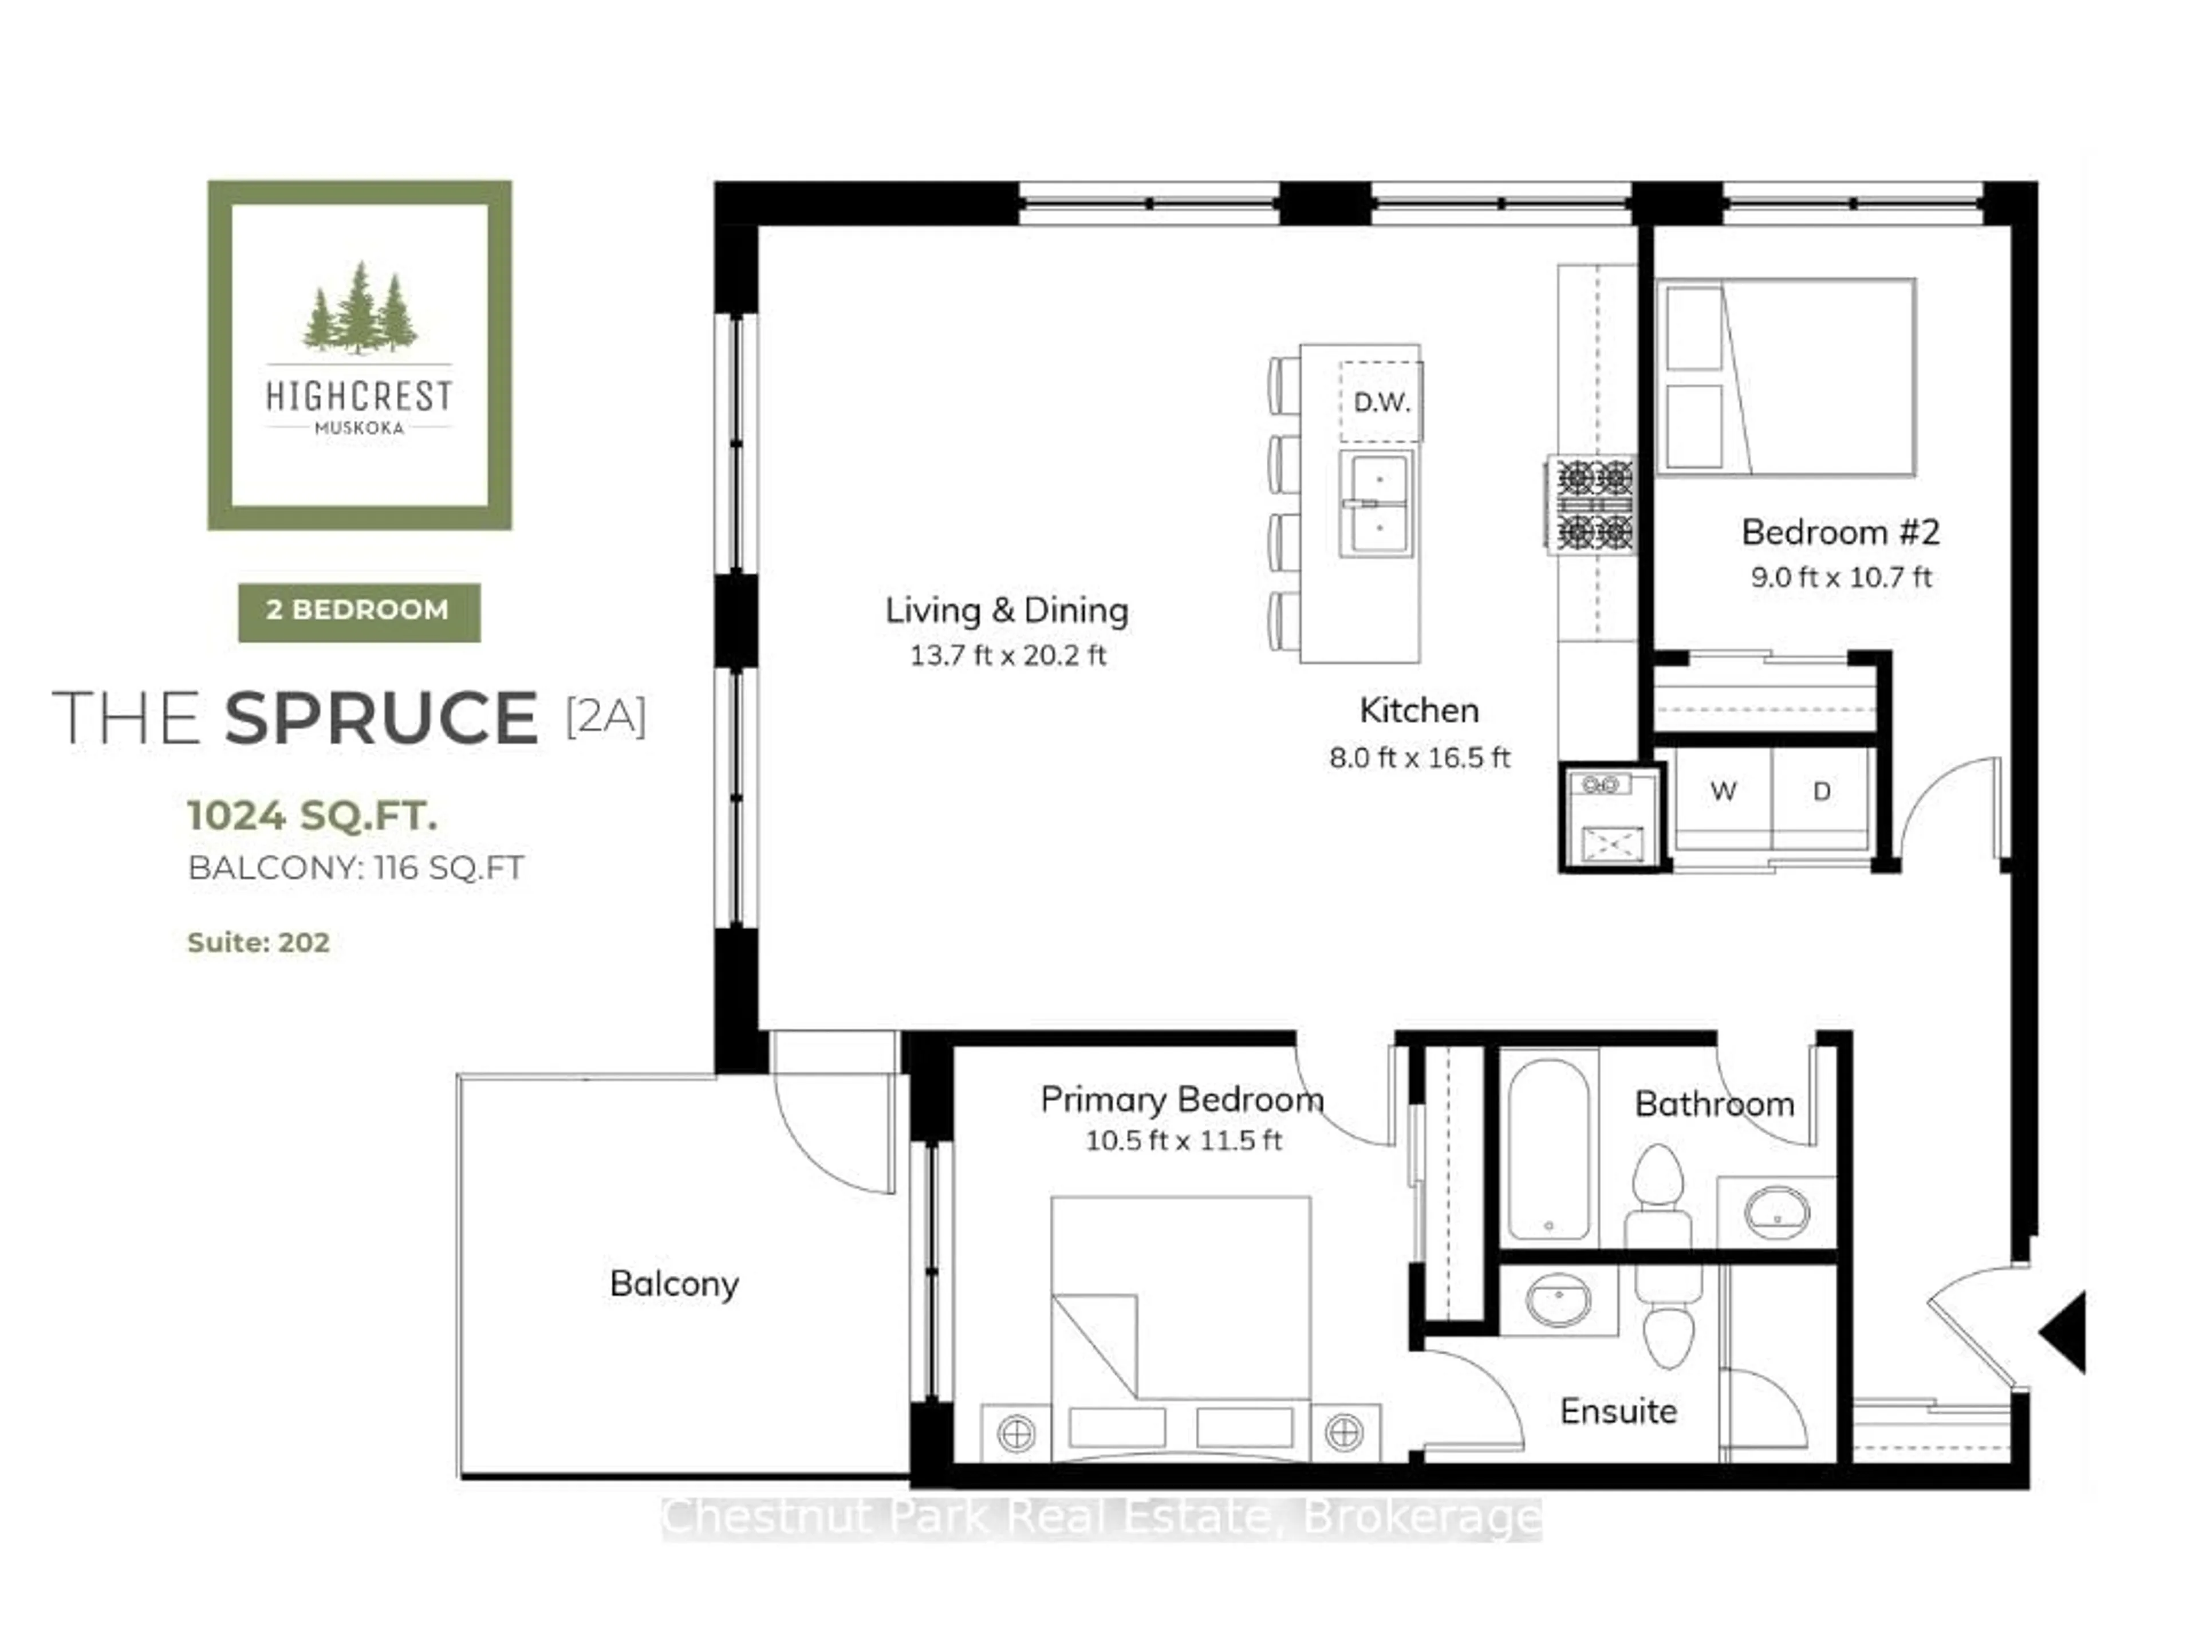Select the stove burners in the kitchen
pos(1594,504)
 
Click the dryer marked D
pos(1821,792)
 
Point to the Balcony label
pos(674,1284)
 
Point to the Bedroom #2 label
pos(1840,532)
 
